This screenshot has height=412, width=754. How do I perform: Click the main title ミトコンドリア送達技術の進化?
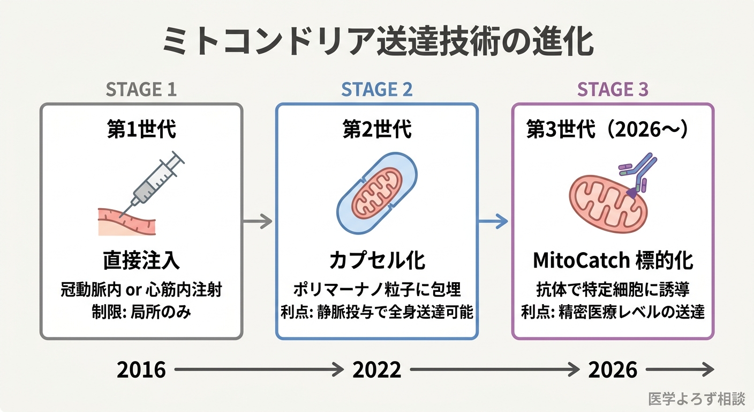point(378,42)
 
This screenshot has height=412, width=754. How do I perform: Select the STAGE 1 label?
point(141,90)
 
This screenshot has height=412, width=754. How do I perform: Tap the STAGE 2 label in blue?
point(377,90)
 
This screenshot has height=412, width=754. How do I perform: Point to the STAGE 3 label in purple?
point(613,90)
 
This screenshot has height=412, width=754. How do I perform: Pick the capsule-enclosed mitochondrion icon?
point(377,193)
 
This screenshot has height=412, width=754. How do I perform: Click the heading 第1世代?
point(141,130)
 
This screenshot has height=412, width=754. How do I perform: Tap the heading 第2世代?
point(377,130)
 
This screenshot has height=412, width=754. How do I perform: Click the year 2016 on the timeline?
point(141,370)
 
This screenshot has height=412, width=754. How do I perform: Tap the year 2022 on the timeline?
point(377,370)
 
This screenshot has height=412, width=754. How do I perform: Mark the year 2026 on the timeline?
point(613,370)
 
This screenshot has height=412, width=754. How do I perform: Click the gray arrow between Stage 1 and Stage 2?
point(258,221)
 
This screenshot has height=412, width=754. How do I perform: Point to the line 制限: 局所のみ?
point(141,313)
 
